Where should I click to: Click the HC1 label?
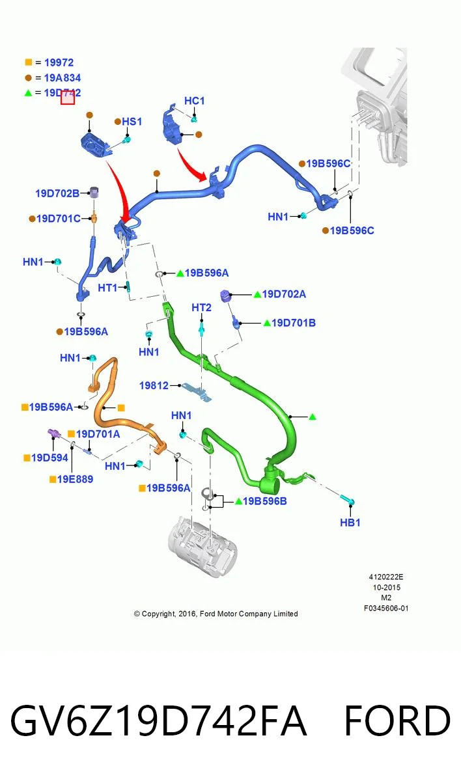(x=194, y=101)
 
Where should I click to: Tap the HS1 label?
(x=132, y=122)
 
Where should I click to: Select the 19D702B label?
(x=57, y=193)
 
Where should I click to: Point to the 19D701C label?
(x=59, y=219)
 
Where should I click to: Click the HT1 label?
(x=107, y=288)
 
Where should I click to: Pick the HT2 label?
(x=202, y=307)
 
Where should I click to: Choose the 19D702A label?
(x=284, y=294)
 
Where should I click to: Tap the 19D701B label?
(x=294, y=323)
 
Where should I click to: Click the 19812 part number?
(x=154, y=385)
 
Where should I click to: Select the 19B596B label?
(x=264, y=501)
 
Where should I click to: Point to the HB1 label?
(x=350, y=522)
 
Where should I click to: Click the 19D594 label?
(x=49, y=458)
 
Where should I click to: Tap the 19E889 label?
(x=75, y=479)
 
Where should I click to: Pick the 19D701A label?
(x=98, y=433)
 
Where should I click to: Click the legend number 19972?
(x=59, y=62)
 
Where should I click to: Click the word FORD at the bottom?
(x=398, y=720)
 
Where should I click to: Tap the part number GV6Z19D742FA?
(x=159, y=720)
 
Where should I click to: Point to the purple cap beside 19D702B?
(x=94, y=192)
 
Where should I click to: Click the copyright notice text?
(x=216, y=614)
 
